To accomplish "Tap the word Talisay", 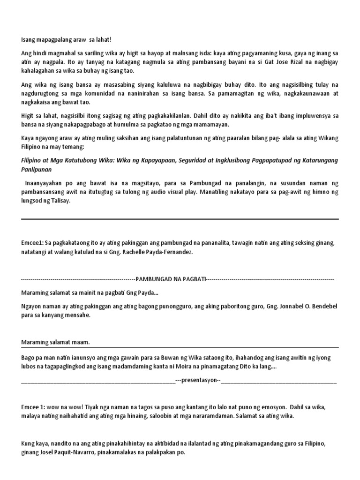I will pyautogui.click(x=60, y=201).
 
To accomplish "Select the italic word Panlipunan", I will pyautogui.click(x=37, y=169).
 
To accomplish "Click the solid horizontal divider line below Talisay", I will pyautogui.click(x=180, y=219).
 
